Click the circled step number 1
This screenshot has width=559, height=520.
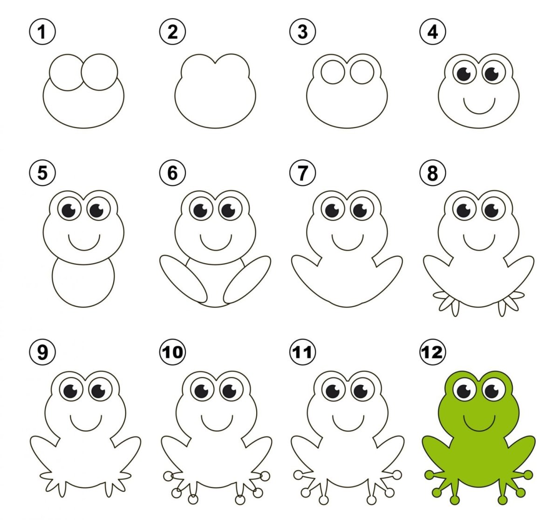(42, 32)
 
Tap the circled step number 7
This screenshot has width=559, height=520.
(303, 173)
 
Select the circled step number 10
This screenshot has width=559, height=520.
(172, 352)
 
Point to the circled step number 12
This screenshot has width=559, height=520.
(433, 352)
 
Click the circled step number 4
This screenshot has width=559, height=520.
(433, 32)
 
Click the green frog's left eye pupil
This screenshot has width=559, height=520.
(464, 391)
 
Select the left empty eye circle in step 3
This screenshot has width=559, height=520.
(333, 72)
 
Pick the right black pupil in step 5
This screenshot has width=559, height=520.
(96, 210)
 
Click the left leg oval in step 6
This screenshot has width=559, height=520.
(183, 279)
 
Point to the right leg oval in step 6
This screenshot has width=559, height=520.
(247, 279)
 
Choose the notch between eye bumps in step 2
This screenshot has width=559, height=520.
(215, 64)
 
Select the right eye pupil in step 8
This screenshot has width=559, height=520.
(491, 210)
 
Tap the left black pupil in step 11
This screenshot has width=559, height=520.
(333, 391)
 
